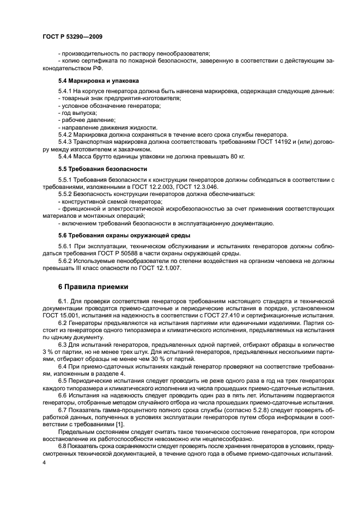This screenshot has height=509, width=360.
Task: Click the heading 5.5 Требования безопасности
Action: (x=95, y=169)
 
